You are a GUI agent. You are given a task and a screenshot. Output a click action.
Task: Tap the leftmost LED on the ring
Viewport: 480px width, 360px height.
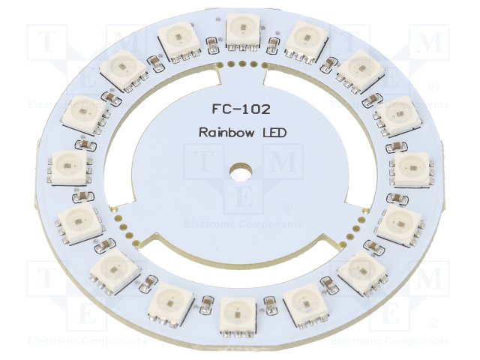point(70,168)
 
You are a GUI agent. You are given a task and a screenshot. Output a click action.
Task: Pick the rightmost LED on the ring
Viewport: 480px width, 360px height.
point(413,169)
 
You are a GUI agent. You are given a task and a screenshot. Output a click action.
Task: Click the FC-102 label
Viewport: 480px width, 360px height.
point(241,109)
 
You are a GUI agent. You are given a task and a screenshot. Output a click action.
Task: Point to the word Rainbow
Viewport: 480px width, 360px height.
point(226,133)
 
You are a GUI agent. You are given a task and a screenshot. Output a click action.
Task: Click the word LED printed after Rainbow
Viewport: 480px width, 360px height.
point(275,133)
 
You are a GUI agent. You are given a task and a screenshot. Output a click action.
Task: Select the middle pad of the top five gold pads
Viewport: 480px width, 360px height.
point(242,64)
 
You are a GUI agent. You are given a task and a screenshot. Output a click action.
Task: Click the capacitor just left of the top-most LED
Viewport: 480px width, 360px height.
point(213,45)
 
